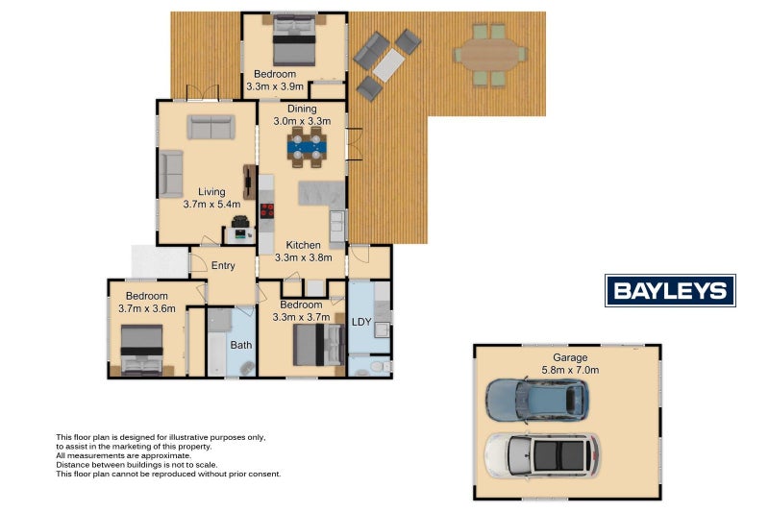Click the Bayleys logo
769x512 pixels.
tap(670, 290)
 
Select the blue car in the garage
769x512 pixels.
tap(537, 401)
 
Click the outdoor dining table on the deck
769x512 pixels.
tap(490, 55)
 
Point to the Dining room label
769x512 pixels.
tap(302, 110)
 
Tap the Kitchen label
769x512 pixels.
tap(303, 244)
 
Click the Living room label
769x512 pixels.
tap(205, 191)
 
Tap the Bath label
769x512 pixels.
tap(240, 343)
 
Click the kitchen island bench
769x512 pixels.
tap(317, 191)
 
